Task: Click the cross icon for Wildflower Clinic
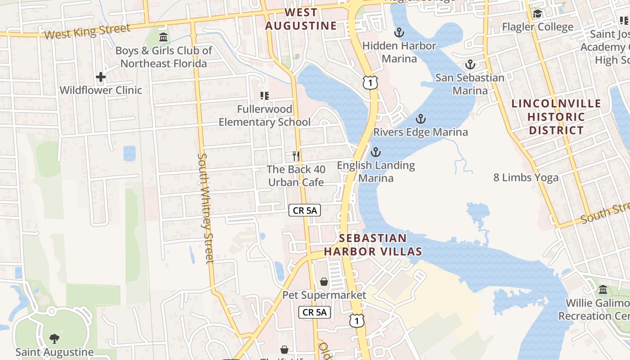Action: pos(101,77)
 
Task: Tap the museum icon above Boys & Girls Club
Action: pos(163,37)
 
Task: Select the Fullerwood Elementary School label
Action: pos(265,116)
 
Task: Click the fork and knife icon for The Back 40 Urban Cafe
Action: pos(296,156)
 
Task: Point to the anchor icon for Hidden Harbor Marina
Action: pos(399,32)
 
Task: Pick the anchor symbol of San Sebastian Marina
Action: pos(470,64)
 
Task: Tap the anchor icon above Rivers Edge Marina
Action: pos(420,119)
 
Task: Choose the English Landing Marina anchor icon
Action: pos(376,152)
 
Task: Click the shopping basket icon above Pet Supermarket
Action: pos(324,282)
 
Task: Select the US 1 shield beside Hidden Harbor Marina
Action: pos(370,82)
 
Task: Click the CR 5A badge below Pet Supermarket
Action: pos(315,312)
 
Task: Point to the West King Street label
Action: pos(88,31)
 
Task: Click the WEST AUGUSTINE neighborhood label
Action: pos(301,19)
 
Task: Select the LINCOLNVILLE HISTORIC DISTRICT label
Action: pos(556,117)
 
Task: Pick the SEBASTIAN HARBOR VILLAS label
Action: pos(373,245)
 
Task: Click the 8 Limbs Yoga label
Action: pos(526,177)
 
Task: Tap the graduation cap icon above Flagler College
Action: pos(537,14)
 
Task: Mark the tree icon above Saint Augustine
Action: pos(54,338)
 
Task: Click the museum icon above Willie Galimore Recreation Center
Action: pos(603,289)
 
